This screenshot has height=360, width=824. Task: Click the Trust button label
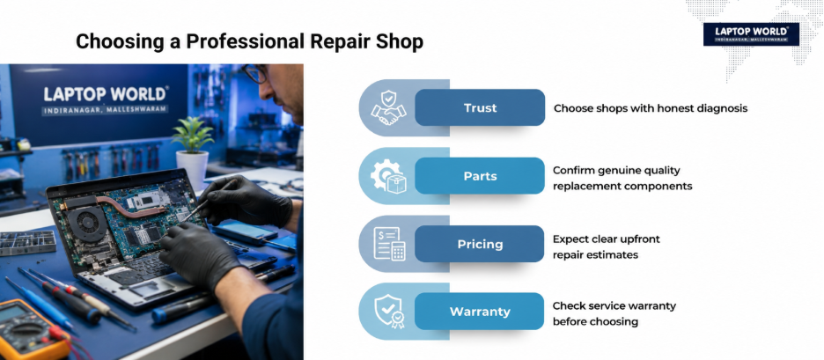pyautogui.click(x=480, y=107)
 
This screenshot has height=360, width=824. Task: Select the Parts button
pyautogui.click(x=479, y=175)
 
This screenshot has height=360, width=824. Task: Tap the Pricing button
pyautogui.click(x=479, y=244)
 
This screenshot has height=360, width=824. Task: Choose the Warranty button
pyautogui.click(x=479, y=311)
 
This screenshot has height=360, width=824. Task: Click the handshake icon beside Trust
pyautogui.click(x=388, y=107)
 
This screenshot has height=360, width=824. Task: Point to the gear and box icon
pyautogui.click(x=388, y=176)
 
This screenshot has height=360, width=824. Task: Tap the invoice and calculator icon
pyautogui.click(x=389, y=244)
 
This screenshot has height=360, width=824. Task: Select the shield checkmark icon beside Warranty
pyautogui.click(x=389, y=312)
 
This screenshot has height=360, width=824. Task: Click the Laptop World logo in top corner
pyautogui.click(x=751, y=33)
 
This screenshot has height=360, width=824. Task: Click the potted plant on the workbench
pyautogui.click(x=193, y=152)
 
